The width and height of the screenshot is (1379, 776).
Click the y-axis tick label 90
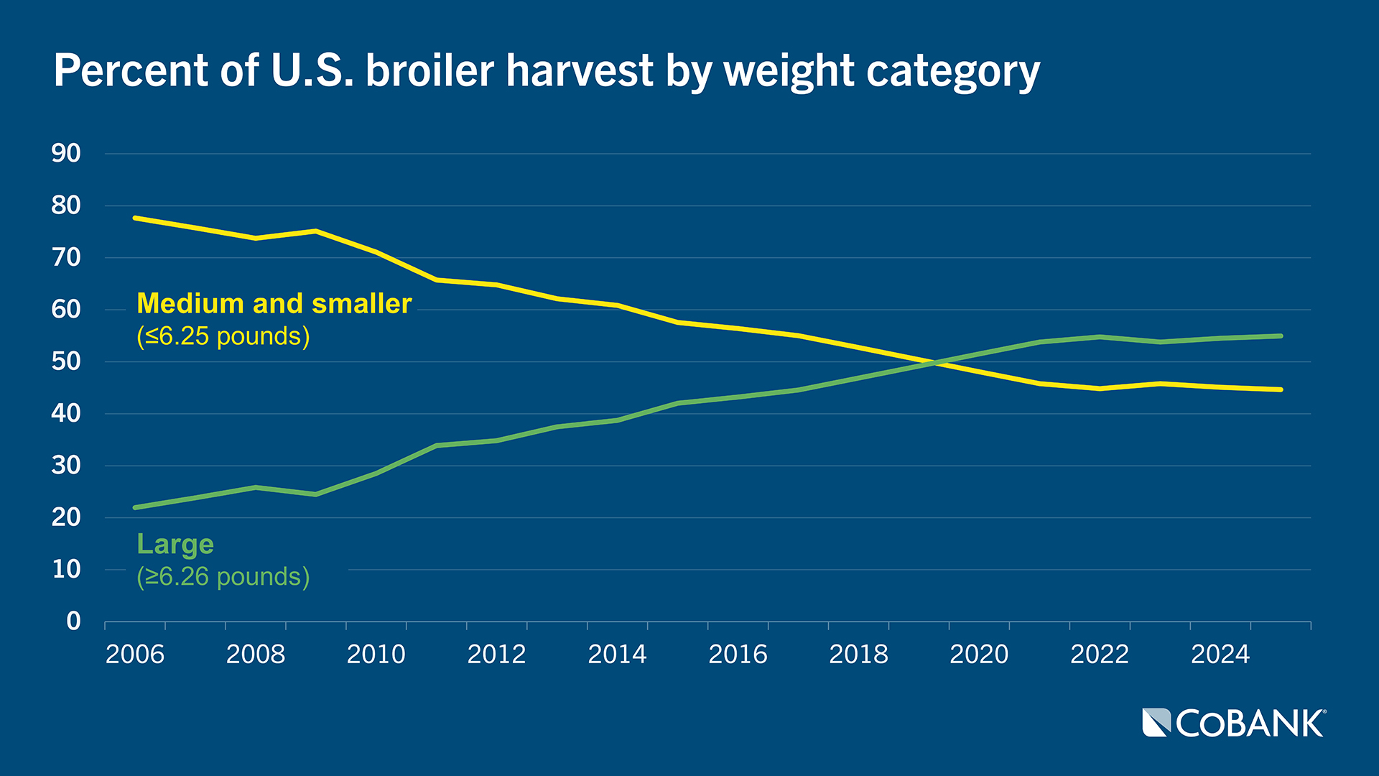point(66,153)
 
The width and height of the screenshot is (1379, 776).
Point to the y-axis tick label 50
point(66,361)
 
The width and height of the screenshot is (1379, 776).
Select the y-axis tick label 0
point(73,622)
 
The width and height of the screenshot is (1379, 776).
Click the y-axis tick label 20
point(66,517)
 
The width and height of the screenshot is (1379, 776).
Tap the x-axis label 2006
point(135,655)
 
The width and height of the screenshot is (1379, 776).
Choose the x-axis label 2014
point(617,655)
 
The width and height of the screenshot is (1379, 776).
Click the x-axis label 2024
point(1220,655)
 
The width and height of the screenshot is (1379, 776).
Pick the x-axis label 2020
point(979,655)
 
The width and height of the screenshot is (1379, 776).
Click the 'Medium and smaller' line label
point(274,304)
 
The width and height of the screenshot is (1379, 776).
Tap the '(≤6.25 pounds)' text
point(223,336)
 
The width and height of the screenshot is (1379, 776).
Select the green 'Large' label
point(175,544)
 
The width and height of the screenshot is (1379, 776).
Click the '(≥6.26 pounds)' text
point(223,577)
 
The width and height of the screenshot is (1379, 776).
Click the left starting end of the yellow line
point(136,218)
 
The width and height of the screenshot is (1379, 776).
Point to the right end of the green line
point(1281,336)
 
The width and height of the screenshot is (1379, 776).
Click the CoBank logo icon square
point(1156,723)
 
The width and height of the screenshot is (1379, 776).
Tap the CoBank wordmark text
point(1250,724)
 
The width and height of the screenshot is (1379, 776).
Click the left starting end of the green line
point(136,507)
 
